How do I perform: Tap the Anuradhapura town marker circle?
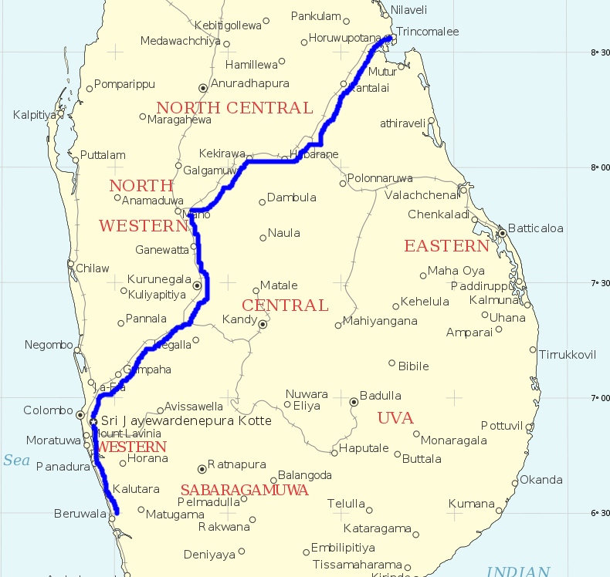click(x=203, y=88)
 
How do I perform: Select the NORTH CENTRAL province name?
click(x=234, y=108)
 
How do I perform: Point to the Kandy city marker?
click(x=263, y=324)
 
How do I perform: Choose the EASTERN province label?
click(x=446, y=246)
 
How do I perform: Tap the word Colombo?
click(x=48, y=410)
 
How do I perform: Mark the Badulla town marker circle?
click(x=354, y=401)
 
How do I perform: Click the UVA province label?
click(x=395, y=418)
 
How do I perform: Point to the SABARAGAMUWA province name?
click(x=244, y=490)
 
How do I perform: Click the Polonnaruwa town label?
click(x=380, y=178)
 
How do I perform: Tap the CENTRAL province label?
click(x=285, y=305)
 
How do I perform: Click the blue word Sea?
click(x=15, y=461)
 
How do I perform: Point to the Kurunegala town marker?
click(x=197, y=285)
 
